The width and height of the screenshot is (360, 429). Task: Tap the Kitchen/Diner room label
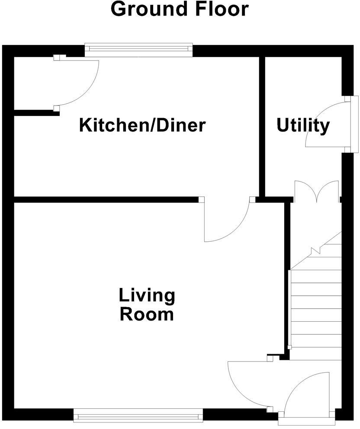[142, 125]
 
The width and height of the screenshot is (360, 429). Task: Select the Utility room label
[303, 126]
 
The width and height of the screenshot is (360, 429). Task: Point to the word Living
[147, 297]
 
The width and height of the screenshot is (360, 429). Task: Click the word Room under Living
[147, 314]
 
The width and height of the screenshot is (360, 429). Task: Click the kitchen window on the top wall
[138, 50]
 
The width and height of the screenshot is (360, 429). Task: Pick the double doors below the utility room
[316, 192]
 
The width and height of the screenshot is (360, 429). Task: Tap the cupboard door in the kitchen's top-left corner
[78, 82]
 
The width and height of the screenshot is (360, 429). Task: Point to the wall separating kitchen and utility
[262, 125]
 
